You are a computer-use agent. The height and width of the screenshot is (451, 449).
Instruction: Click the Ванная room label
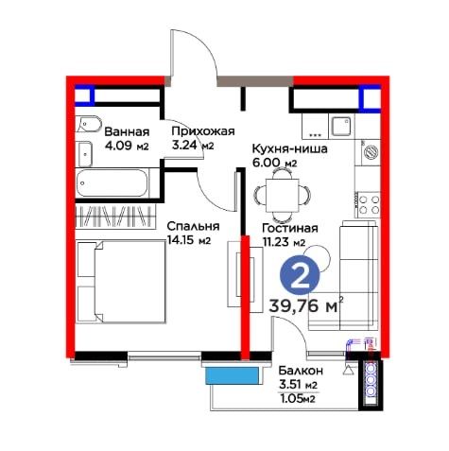click(127, 131)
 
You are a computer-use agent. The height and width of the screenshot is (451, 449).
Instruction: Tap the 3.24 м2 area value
click(193, 146)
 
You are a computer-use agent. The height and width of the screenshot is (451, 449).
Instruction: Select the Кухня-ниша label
click(289, 148)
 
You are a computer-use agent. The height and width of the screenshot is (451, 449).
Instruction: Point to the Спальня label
click(193, 226)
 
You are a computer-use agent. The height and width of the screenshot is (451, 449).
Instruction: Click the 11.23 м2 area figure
click(284, 242)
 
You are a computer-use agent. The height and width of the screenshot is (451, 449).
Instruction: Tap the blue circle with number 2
click(300, 274)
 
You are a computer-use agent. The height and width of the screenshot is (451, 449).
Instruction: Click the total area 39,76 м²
click(305, 305)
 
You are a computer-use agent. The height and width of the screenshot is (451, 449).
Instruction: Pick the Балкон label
click(301, 371)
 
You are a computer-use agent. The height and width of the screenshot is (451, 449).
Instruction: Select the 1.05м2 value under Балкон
click(298, 399)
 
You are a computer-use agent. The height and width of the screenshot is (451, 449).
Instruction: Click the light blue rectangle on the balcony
click(233, 375)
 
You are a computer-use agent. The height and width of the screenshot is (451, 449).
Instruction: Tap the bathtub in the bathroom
click(112, 183)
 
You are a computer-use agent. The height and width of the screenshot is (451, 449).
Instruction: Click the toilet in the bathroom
click(89, 125)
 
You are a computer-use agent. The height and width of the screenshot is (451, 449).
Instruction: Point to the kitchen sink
click(341, 126)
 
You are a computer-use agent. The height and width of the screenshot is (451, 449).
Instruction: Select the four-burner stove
click(369, 204)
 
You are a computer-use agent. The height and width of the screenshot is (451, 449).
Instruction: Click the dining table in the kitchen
click(283, 196)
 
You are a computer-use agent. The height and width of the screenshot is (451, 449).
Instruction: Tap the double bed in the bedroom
click(121, 282)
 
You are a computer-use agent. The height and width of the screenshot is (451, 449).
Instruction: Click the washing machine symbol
click(371, 151)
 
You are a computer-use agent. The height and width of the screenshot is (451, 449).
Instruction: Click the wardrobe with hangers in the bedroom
click(115, 217)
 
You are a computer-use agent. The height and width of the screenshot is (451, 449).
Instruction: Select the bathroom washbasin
click(85, 154)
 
